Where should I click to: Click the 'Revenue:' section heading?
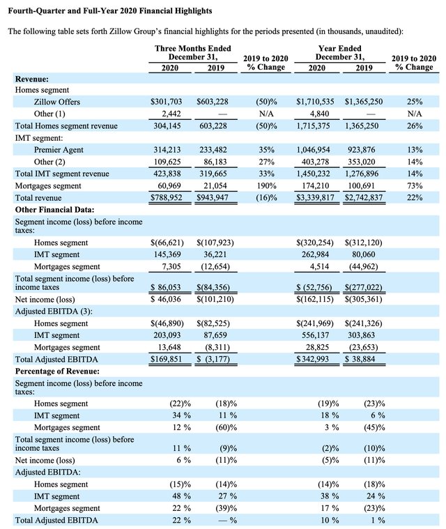tap(32, 79)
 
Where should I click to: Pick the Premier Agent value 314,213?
tap(168, 150)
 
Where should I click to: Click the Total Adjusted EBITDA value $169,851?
tap(166, 359)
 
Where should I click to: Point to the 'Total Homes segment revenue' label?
tap(67, 126)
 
